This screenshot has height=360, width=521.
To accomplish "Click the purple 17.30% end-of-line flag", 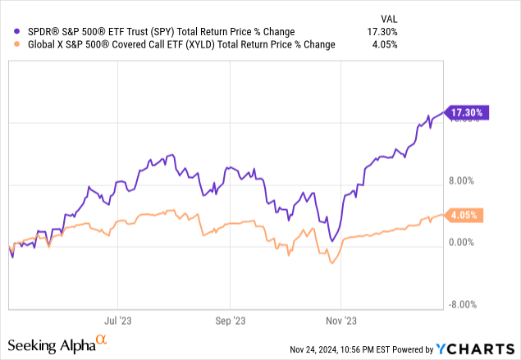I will click(x=466, y=112).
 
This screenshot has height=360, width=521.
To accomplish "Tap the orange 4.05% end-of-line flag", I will click(x=464, y=216).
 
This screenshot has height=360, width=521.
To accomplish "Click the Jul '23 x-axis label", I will click(x=119, y=321).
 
